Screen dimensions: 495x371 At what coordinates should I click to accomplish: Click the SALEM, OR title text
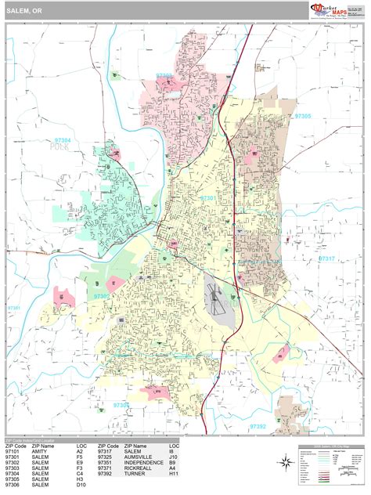[x=25, y=10]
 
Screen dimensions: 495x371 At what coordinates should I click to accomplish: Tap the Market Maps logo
[x=336, y=9]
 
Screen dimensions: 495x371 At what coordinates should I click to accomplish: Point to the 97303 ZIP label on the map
[x=165, y=76]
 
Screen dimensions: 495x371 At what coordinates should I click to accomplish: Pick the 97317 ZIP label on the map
[x=326, y=258]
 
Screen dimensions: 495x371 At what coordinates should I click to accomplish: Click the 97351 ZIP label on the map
[x=13, y=308]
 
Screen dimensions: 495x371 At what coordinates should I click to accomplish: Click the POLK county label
[x=59, y=147]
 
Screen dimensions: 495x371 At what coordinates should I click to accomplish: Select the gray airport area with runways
[x=218, y=301]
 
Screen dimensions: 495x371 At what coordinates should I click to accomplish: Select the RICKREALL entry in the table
[x=140, y=468]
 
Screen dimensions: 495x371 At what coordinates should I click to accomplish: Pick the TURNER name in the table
[x=135, y=474]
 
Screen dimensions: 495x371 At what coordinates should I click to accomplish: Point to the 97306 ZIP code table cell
[x=13, y=485]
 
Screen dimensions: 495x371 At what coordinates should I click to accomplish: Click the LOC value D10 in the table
[x=81, y=485]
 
